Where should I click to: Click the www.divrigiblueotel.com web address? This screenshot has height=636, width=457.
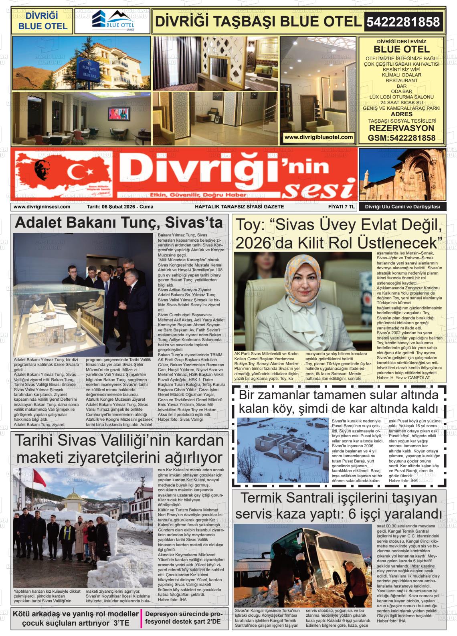point(319,137)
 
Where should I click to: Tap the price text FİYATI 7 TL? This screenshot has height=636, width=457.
point(339,207)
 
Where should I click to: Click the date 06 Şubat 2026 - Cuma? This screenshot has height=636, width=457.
point(120,207)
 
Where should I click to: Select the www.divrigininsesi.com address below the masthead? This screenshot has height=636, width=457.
point(42,207)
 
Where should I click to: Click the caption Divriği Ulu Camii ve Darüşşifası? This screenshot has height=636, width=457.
point(402,207)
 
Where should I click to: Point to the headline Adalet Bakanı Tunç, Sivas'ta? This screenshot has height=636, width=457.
point(119,223)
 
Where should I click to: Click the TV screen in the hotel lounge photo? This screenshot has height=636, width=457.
point(119,113)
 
